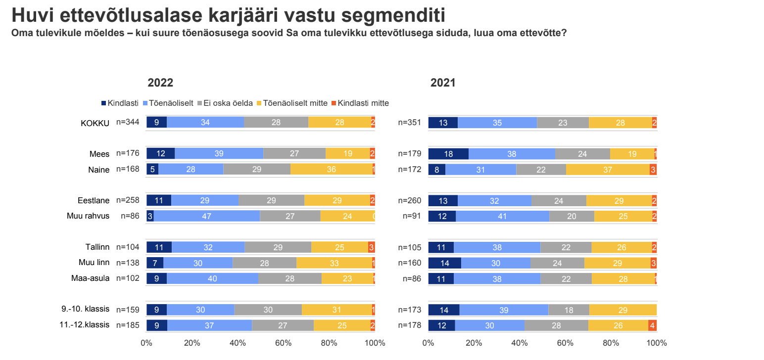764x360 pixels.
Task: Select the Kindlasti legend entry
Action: (120, 103)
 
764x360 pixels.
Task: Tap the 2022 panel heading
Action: (160, 83)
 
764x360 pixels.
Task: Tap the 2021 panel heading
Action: (442, 83)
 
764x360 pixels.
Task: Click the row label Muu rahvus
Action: (88, 216)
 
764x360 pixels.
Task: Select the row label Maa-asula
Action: (90, 278)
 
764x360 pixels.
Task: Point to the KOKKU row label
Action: (95, 123)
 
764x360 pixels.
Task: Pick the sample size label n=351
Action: (410, 122)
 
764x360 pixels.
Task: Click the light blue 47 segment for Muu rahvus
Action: (207, 216)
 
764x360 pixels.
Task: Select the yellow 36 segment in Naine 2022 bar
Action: (331, 169)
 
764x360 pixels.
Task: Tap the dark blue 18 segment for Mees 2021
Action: (448, 154)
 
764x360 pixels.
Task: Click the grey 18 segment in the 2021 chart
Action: (569, 310)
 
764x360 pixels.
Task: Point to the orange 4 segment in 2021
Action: (652, 325)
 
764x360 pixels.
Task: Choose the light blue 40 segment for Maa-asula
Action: (212, 278)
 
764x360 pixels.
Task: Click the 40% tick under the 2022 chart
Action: (238, 343)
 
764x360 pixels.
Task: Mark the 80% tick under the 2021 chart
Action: (611, 343)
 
